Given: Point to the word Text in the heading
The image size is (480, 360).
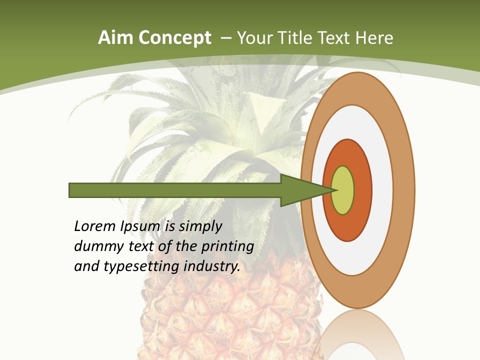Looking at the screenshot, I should tap(336, 38).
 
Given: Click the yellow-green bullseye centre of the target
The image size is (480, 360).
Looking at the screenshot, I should tap(343, 190).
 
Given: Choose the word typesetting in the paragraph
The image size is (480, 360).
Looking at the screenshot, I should tap(141, 266).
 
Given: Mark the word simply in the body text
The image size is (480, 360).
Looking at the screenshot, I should tap(200, 226).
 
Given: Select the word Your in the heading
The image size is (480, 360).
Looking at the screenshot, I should tap(253, 38).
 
